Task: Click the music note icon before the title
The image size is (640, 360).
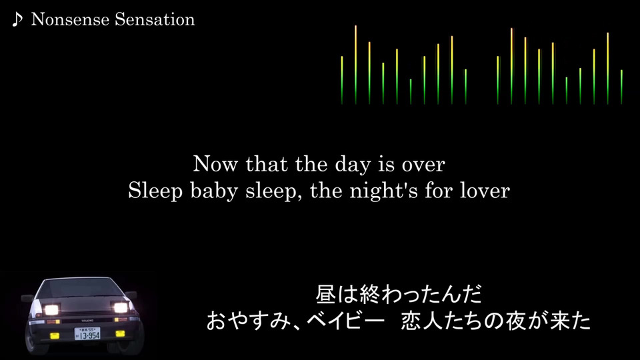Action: (x=17, y=19)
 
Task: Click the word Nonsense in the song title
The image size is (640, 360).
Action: (x=70, y=19)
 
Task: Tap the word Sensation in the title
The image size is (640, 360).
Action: (x=155, y=19)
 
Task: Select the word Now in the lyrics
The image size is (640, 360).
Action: (x=215, y=164)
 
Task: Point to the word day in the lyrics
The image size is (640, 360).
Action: (x=353, y=165)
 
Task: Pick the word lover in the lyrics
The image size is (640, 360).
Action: (x=485, y=191)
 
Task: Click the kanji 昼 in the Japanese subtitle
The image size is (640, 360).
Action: (x=326, y=294)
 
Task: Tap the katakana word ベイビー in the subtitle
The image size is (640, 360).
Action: (x=345, y=321)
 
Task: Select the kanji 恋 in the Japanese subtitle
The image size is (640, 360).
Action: (x=411, y=321)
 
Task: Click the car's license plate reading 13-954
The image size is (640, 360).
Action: (x=87, y=334)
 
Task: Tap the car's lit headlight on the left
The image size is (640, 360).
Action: (x=51, y=310)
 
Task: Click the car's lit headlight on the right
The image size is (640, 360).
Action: (x=121, y=308)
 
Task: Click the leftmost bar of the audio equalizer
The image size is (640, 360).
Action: (x=342, y=80)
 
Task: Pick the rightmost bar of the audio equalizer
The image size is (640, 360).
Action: (x=621, y=87)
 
